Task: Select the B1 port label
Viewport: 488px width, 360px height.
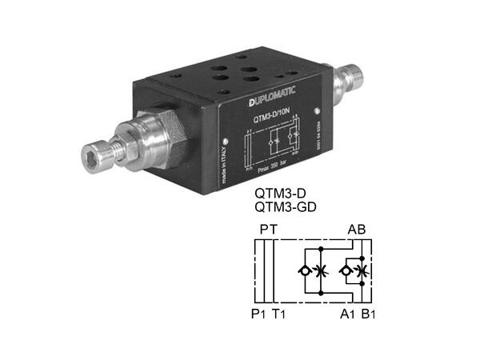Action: coord(368,313)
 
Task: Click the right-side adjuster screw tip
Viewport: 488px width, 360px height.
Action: coord(356,77)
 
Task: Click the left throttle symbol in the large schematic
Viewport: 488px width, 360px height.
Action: coord(321,271)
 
